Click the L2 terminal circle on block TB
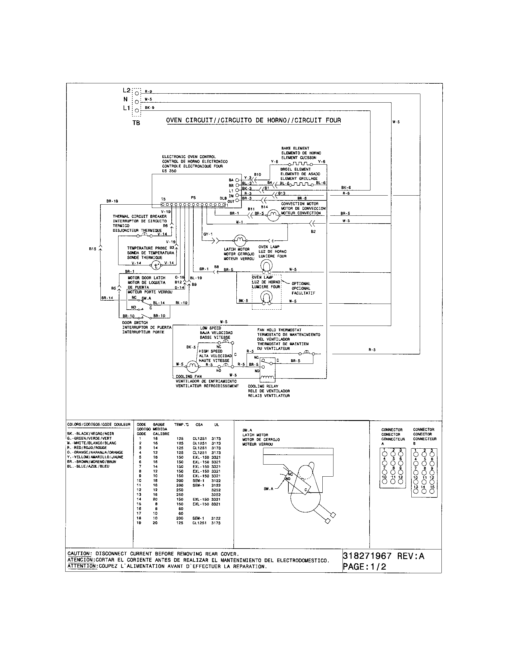click(137, 93)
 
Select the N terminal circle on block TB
click(137, 102)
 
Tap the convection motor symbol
click(273, 215)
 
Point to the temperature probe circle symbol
click(156, 266)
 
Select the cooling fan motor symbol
click(192, 367)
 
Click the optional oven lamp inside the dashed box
click(266, 298)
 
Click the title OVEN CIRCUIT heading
click(253, 120)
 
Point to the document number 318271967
click(367, 556)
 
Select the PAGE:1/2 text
click(364, 567)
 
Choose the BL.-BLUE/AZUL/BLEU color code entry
click(88, 466)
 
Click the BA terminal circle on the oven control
click(237, 180)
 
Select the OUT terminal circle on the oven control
click(237, 201)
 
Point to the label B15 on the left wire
click(93, 249)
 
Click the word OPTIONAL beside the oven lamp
click(301, 284)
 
